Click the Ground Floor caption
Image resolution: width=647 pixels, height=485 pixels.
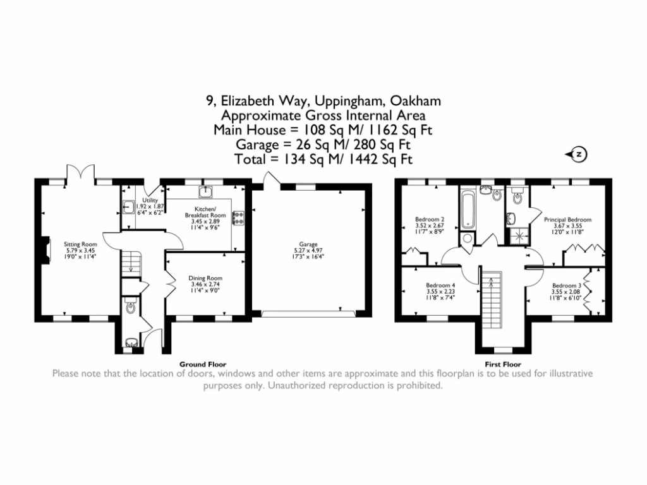203,364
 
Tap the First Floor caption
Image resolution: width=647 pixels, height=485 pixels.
503,364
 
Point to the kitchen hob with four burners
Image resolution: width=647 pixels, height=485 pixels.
238,218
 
